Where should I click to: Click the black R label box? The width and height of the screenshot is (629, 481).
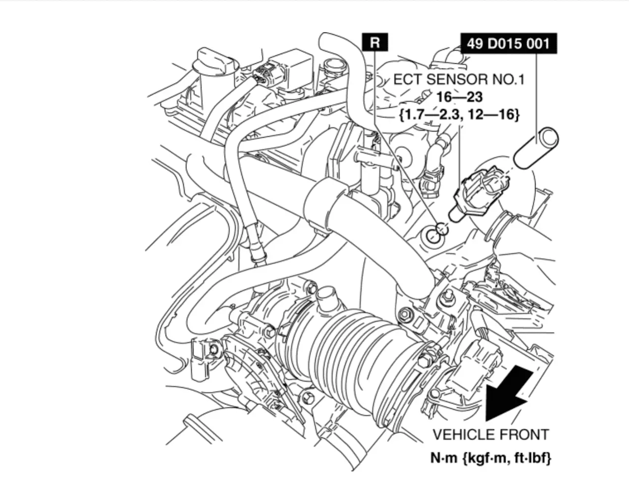[x=374, y=42]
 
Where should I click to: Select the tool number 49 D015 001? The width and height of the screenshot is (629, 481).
[x=508, y=44]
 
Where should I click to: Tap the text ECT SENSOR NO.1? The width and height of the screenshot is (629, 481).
[x=458, y=80]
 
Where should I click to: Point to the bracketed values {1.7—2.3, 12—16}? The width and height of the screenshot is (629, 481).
[x=459, y=114]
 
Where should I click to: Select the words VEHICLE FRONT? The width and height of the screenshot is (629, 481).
[x=490, y=434]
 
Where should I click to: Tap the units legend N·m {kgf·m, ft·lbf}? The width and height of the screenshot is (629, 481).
[x=491, y=458]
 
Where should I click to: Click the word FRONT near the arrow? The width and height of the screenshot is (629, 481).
[x=524, y=434]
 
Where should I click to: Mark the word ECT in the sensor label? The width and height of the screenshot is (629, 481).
[x=408, y=80]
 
